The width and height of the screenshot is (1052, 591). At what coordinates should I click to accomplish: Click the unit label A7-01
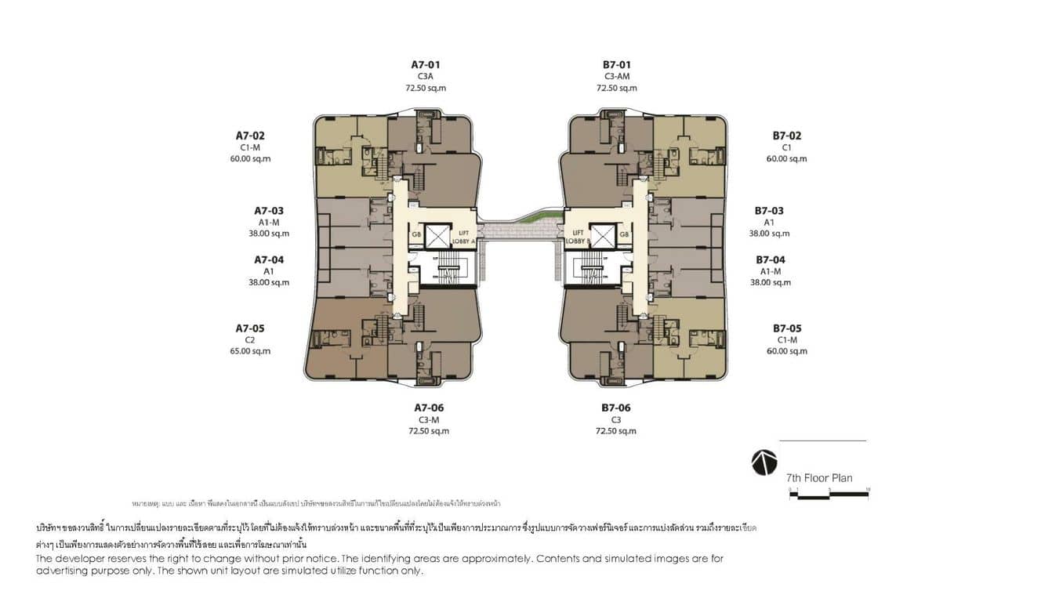coord(426,65)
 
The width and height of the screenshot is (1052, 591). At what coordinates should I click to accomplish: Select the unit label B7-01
coord(616,65)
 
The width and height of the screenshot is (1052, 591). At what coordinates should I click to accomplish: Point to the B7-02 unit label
coord(786,136)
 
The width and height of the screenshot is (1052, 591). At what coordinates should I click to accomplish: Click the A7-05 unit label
coord(249,328)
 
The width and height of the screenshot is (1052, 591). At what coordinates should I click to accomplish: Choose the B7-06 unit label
coord(615,408)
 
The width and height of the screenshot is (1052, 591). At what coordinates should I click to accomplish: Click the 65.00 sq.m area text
coord(249,351)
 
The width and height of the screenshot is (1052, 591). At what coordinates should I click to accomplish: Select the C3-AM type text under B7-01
coord(616,77)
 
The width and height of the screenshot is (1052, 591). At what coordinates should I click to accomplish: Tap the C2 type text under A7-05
coord(249,340)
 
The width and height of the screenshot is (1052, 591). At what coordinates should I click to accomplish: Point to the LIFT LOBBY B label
coord(578,237)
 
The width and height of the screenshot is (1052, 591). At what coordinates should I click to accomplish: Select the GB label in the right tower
coord(625,234)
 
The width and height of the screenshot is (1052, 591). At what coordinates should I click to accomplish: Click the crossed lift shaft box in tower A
coord(437,236)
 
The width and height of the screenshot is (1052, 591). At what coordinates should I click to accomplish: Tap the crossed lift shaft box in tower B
coord(603,236)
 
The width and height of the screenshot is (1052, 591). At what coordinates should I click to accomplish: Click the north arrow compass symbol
coord(764,462)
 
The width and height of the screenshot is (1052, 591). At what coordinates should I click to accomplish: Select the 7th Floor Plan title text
coord(819,477)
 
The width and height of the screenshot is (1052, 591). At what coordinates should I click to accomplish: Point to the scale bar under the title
coord(829,494)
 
